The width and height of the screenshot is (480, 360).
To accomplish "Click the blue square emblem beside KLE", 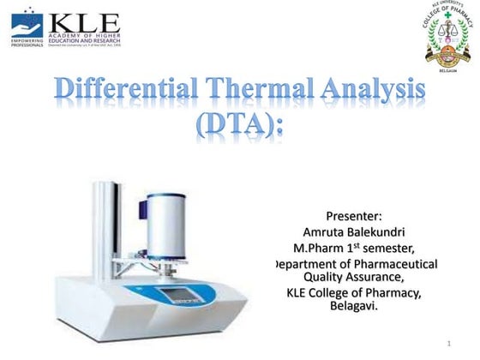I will coord(26,23).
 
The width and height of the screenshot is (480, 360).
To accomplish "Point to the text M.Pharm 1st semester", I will coord(353,248).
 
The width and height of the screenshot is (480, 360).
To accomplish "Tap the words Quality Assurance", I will coord(353,277).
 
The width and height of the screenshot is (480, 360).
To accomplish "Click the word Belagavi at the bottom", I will coord(353,306).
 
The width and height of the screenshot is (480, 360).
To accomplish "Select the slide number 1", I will coord(448,344).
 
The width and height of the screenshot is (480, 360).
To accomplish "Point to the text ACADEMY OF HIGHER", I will coord(85,35).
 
